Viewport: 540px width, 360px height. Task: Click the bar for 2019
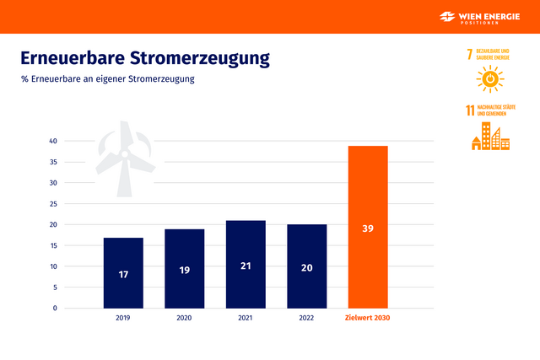(123, 272)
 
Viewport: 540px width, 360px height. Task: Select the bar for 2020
(184, 268)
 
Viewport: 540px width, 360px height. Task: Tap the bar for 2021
(246, 264)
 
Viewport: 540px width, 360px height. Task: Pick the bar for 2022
(306, 266)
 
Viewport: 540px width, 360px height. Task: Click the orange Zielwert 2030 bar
(368, 227)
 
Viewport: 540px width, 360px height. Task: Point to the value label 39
(368, 228)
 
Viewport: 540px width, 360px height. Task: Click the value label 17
(123, 274)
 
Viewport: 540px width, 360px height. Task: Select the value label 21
(246, 266)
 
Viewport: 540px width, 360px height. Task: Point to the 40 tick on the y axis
(52, 141)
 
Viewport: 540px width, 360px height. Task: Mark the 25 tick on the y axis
(52, 203)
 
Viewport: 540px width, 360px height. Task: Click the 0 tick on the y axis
(55, 308)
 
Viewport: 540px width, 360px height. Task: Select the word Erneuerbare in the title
(73, 58)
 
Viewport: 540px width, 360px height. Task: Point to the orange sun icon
(488, 79)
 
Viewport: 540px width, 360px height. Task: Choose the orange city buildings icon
(490, 136)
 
